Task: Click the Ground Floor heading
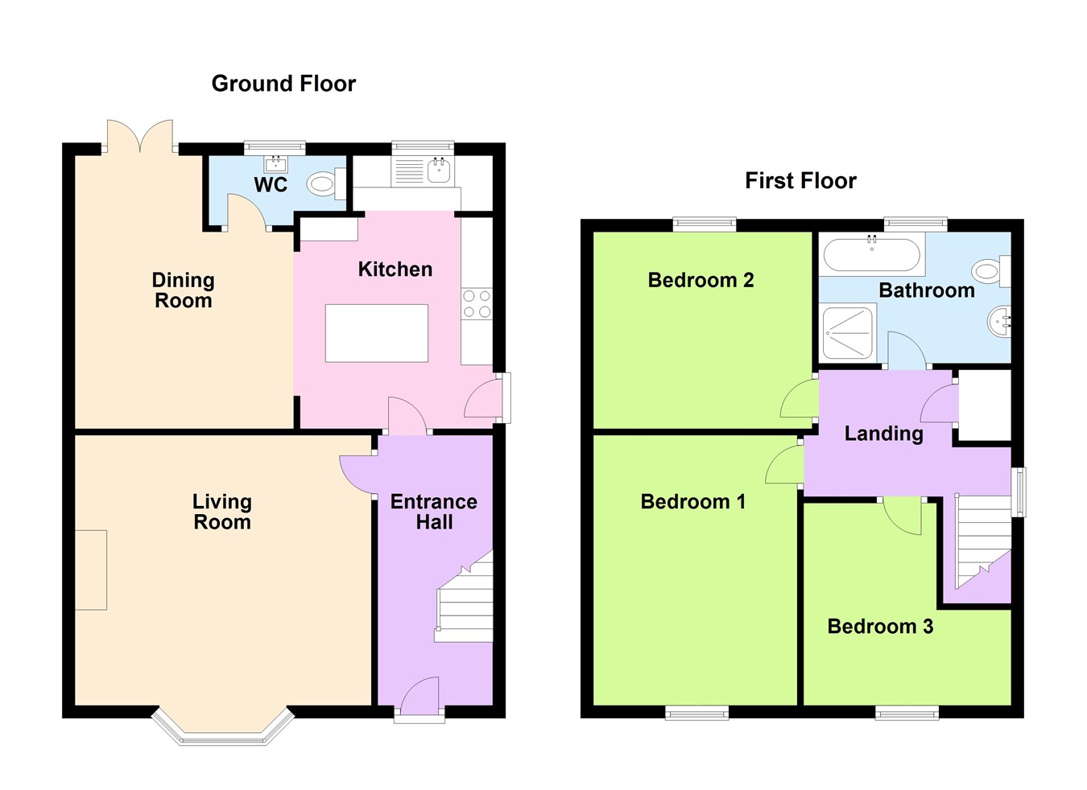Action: click(x=283, y=84)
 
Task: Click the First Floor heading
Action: click(x=800, y=181)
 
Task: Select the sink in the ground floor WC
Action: click(x=276, y=165)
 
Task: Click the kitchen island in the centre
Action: click(x=376, y=333)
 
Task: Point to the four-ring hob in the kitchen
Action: click(x=477, y=304)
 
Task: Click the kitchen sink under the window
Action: click(x=439, y=170)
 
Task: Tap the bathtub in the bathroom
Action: click(x=870, y=253)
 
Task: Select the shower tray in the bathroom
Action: click(x=849, y=332)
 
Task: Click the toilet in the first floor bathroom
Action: click(x=990, y=270)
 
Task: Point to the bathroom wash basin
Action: click(x=998, y=323)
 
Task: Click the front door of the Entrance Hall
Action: click(x=419, y=697)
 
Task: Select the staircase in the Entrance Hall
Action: click(x=465, y=600)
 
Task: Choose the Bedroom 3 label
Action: click(x=880, y=627)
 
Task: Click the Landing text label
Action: click(x=883, y=434)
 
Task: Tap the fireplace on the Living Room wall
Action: click(x=91, y=570)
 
